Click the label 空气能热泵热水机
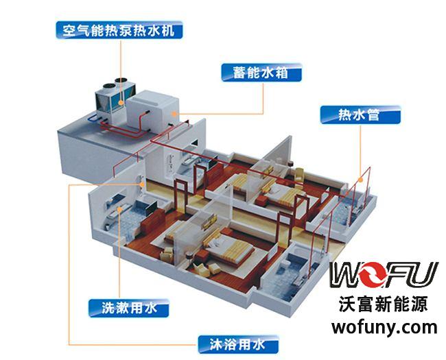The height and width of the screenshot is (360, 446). point(119,29)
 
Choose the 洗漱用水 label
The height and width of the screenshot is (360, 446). point(130,308)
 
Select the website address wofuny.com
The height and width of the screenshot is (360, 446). point(384,326)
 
